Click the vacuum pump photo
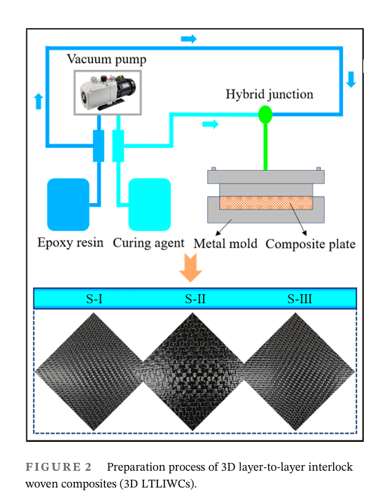pyautogui.click(x=108, y=92)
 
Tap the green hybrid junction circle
pyautogui.click(x=265, y=114)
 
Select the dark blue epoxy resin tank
pyautogui.click(x=68, y=205)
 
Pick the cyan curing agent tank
pyautogui.click(x=150, y=205)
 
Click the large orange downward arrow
pyautogui.click(x=190, y=268)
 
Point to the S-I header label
pyautogui.click(x=94, y=299)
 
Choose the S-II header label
pyautogui.click(x=195, y=299)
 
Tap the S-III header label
pyautogui.click(x=300, y=299)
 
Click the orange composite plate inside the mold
pyautogui.click(x=266, y=202)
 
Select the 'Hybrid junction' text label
pyautogui.click(x=269, y=95)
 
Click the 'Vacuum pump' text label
pyautogui.click(x=106, y=60)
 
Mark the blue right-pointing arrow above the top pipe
pyautogui.click(x=189, y=39)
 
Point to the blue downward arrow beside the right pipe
pyautogui.click(x=351, y=79)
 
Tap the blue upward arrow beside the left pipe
pyautogui.click(x=38, y=102)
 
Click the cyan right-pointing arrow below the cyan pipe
pyautogui.click(x=211, y=124)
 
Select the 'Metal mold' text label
pyautogui.click(x=225, y=244)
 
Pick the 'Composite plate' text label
pyautogui.click(x=311, y=244)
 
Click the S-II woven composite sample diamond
pyautogui.click(x=193, y=372)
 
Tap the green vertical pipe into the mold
pyautogui.click(x=265, y=146)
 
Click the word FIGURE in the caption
pyautogui.click(x=53, y=467)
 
